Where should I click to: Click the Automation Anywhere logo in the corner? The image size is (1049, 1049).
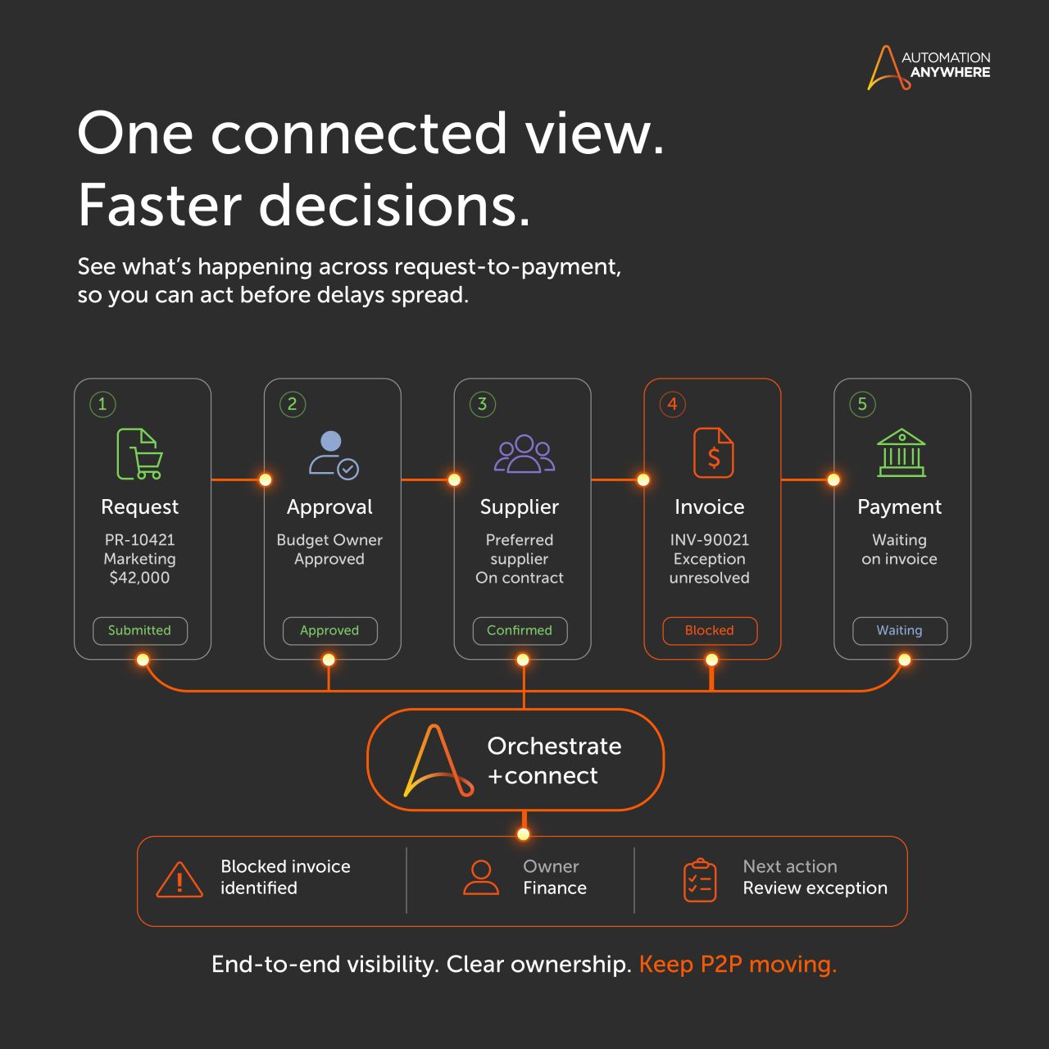click(x=929, y=67)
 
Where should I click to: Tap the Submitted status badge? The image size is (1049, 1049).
click(x=140, y=630)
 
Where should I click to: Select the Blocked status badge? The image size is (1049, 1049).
click(x=710, y=630)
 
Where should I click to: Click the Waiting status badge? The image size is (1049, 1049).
click(x=899, y=630)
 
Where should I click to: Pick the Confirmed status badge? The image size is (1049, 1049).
click(x=520, y=630)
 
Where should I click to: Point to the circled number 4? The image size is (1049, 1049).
click(x=672, y=404)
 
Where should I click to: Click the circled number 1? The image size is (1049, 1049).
click(x=102, y=404)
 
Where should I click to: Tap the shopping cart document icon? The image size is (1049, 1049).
click(x=139, y=453)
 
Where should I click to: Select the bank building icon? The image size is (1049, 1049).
click(x=901, y=452)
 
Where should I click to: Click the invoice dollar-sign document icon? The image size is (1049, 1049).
click(x=713, y=453)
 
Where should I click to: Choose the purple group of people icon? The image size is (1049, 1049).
click(x=524, y=453)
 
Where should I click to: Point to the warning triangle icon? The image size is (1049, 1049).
click(x=179, y=879)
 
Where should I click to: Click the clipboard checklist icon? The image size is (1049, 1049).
click(x=700, y=879)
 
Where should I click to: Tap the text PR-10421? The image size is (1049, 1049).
click(x=140, y=539)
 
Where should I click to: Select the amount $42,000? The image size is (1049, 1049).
click(x=140, y=577)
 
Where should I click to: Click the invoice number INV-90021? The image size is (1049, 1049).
click(x=710, y=539)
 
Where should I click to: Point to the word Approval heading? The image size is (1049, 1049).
click(x=330, y=507)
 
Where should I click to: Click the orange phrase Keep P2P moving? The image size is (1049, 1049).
click(x=738, y=964)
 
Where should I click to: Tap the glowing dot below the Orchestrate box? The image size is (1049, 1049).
click(x=524, y=834)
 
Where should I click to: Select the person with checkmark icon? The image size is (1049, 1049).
click(x=334, y=455)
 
